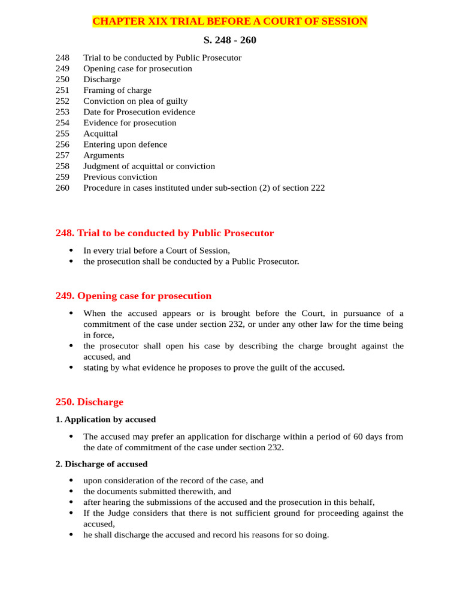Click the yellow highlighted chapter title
pos(229,22)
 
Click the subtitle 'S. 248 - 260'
pos(230,40)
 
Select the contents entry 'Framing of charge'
pos(117,91)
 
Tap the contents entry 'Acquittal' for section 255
pos(101,134)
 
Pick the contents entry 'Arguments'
pos(104,155)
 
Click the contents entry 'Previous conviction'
pos(120,177)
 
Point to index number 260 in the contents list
pos(62,188)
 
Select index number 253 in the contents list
pos(62,112)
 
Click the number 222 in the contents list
pos(318,188)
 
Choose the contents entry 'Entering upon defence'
pos(125,145)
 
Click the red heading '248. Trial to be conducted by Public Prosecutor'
pos(165,233)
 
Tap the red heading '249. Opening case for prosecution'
pos(134,296)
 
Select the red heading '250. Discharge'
pos(89,402)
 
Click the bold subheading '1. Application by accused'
pos(105,420)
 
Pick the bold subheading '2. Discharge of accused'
pos(101,464)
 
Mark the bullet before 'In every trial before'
pos(71,251)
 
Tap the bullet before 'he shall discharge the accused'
pos(71,535)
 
